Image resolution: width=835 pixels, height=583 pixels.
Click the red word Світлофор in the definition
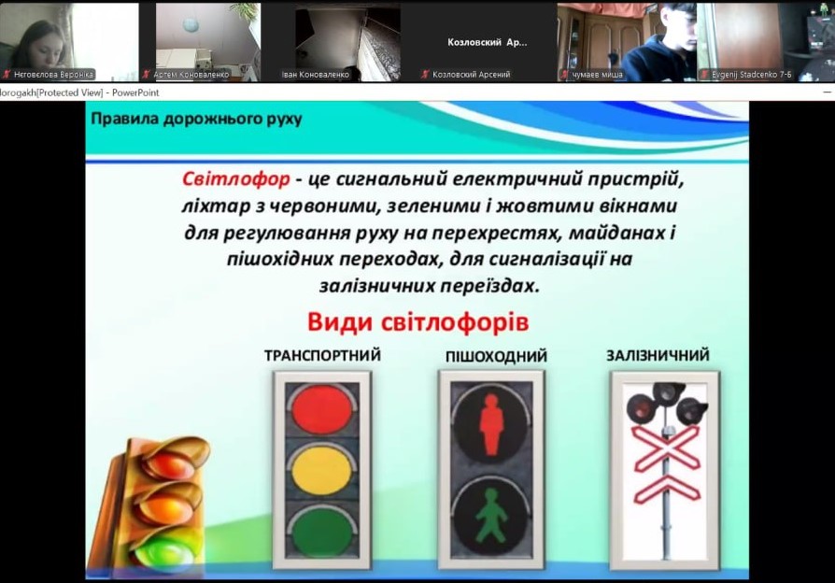236,179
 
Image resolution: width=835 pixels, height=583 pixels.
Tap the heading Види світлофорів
418,322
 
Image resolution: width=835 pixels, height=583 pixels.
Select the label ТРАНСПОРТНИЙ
323,355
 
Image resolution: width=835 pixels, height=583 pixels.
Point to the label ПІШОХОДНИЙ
496,356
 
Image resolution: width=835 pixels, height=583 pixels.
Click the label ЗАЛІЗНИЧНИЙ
658,355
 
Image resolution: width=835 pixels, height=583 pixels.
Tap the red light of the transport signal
321,409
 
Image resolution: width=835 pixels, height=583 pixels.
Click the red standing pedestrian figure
491,424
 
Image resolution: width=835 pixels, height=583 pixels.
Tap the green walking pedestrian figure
491,515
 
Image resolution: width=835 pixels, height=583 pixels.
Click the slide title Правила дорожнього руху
196,119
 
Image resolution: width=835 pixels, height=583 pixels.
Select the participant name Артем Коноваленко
191,75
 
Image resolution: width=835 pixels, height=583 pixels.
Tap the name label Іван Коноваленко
316,75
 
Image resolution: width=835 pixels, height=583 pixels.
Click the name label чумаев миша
597,75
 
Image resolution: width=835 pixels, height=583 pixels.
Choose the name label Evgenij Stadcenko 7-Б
751,75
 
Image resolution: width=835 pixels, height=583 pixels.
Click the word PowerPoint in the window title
135,92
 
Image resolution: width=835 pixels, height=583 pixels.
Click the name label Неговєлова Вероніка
53,75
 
